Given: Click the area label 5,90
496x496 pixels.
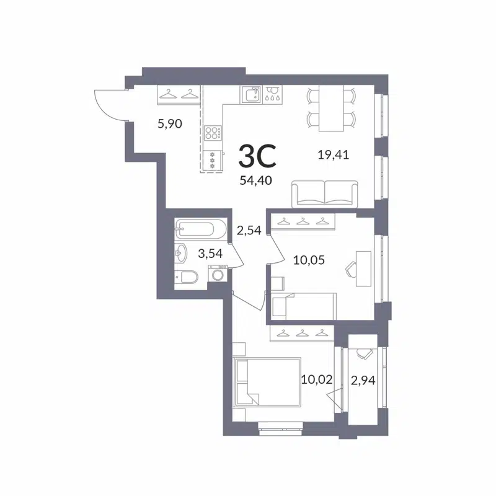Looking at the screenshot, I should tap(169, 124).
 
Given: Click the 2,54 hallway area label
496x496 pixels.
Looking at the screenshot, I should tap(249, 231).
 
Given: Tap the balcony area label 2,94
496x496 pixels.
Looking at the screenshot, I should tap(363, 380).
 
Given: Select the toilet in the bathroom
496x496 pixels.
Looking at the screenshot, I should tap(187, 277).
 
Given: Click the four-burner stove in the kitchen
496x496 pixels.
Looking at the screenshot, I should tap(212, 133).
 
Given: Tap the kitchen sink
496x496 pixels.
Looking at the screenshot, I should tap(250, 94).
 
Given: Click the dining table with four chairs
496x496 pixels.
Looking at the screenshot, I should tap(331, 109).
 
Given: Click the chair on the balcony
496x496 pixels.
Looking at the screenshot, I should tap(364, 352).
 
